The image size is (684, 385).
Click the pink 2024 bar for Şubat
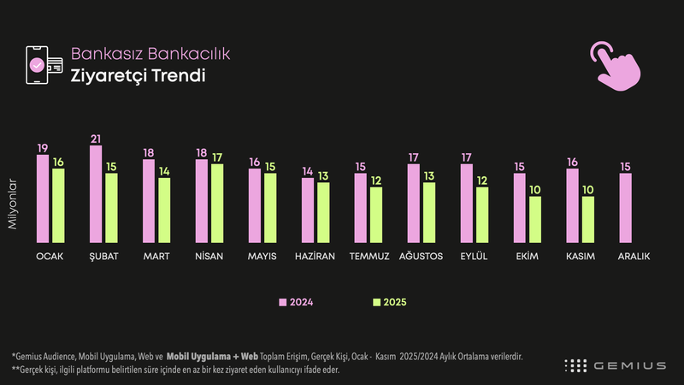click(x=96, y=194)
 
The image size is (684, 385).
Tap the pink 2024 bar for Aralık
click(x=626, y=208)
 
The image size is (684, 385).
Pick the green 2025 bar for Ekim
click(x=535, y=219)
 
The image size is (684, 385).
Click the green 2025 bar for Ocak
click(x=58, y=205)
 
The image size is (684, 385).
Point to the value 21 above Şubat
click(x=96, y=139)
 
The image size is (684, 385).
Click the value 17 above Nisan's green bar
click(x=217, y=158)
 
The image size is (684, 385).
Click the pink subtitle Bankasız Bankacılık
click(x=150, y=54)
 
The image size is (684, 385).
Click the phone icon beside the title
click(x=41, y=64)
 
